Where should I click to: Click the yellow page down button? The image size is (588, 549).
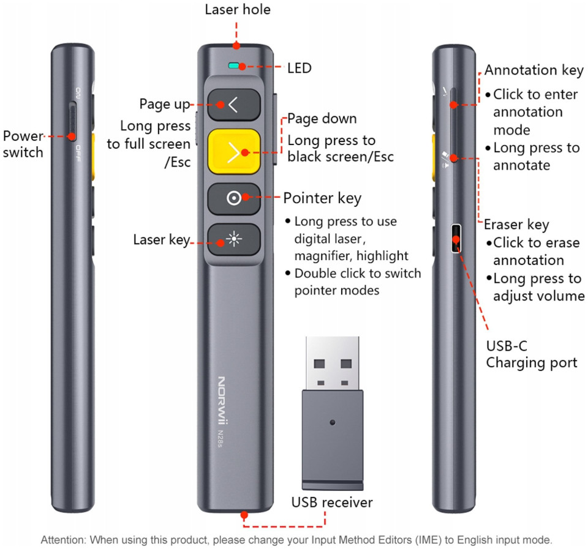click(x=234, y=152)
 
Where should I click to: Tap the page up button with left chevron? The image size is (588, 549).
click(x=234, y=105)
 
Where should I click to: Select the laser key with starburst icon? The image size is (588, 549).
click(x=234, y=239)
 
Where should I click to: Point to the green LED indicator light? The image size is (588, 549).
click(x=233, y=66)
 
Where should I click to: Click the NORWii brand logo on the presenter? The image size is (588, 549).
click(x=222, y=401)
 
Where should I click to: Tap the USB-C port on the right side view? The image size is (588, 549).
click(x=456, y=238)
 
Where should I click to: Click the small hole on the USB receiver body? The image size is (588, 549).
click(x=332, y=422)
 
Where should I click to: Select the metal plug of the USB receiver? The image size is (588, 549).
click(x=332, y=363)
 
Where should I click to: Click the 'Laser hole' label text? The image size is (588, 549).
click(x=238, y=9)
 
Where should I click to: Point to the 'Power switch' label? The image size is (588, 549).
click(x=23, y=144)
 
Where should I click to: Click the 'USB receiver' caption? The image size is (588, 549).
click(x=332, y=502)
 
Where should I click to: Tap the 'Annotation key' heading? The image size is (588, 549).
click(x=533, y=70)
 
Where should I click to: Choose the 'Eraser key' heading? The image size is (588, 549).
click(x=516, y=225)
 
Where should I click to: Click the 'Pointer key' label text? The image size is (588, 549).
click(x=322, y=198)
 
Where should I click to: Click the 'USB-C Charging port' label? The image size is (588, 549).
click(x=532, y=354)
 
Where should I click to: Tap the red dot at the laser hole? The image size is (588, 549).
click(x=236, y=46)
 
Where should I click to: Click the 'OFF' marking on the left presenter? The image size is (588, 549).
click(x=78, y=153)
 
